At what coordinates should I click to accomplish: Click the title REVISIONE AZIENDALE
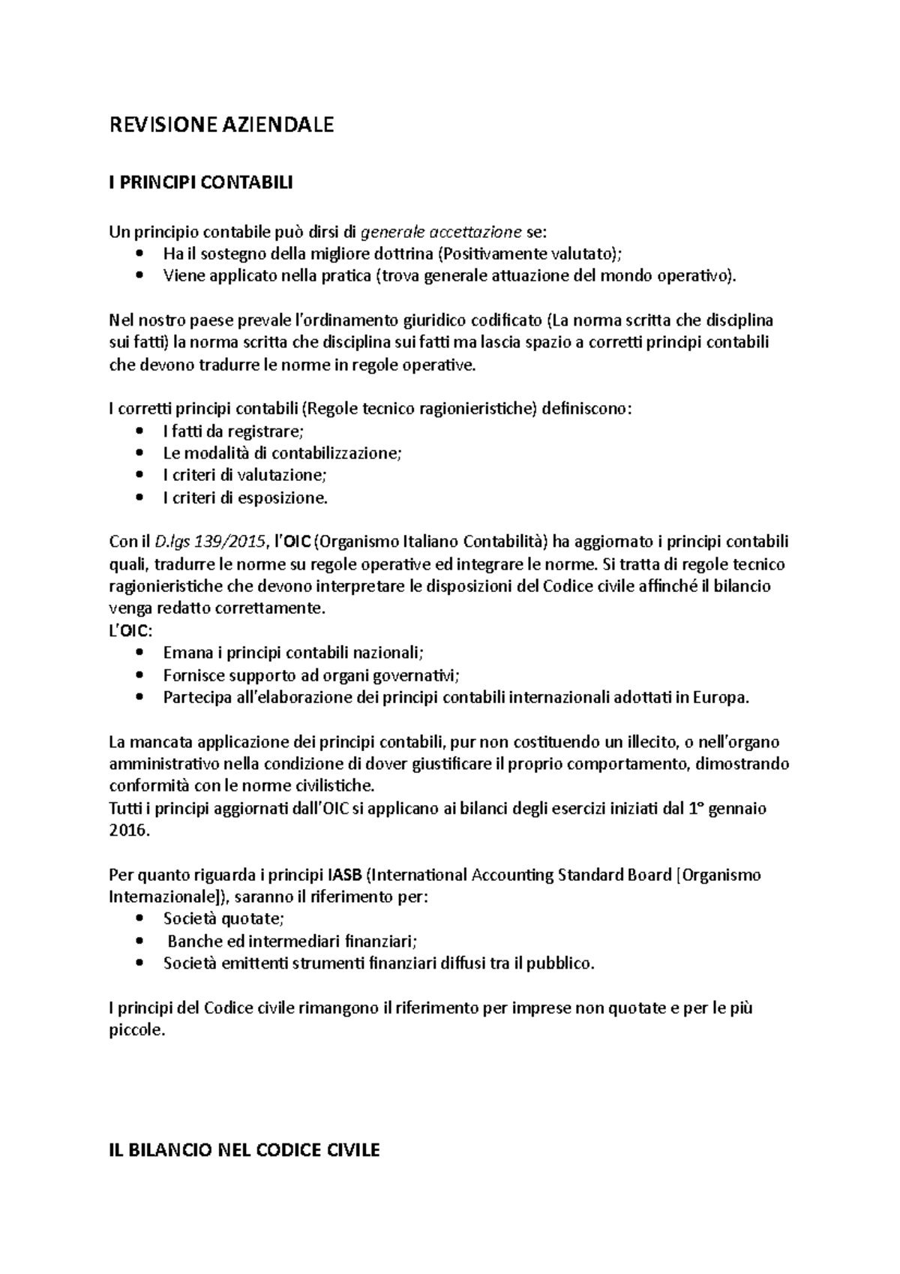pyautogui.click(x=221, y=125)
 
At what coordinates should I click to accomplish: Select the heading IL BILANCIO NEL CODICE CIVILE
pyautogui.click(x=244, y=1150)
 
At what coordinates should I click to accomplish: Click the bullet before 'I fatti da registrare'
pyautogui.click(x=140, y=431)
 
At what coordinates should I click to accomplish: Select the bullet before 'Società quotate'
pyautogui.click(x=140, y=919)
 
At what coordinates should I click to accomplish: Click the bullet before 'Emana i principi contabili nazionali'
pyautogui.click(x=140, y=654)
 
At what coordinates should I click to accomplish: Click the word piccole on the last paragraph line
pyautogui.click(x=135, y=1031)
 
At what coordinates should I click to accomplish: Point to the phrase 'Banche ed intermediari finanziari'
pyautogui.click(x=291, y=942)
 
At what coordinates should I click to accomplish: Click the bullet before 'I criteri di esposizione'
pyautogui.click(x=140, y=498)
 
